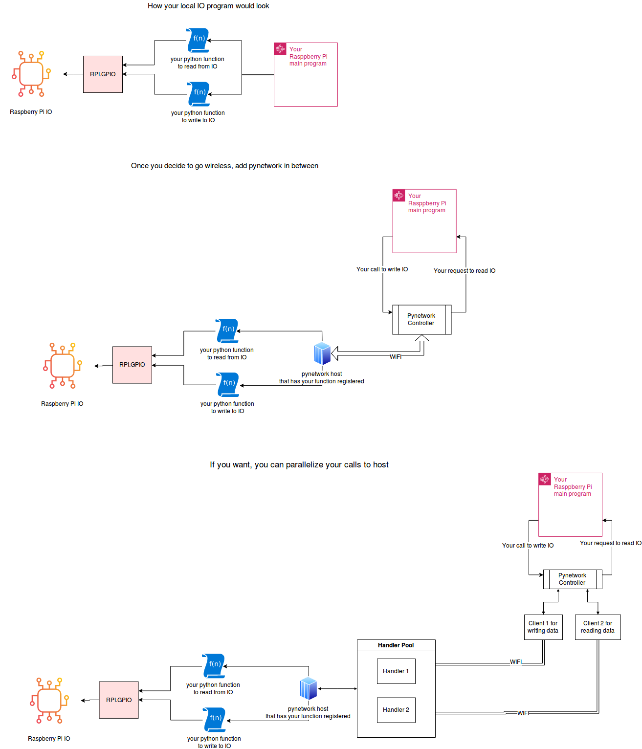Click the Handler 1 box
(x=396, y=671)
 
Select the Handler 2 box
(x=396, y=710)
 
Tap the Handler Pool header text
(x=396, y=645)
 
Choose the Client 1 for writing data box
(x=543, y=627)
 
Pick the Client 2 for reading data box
(x=598, y=627)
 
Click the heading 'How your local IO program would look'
(x=208, y=6)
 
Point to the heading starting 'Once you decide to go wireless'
(x=224, y=166)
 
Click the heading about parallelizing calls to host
(x=299, y=464)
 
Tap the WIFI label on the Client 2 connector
(x=523, y=713)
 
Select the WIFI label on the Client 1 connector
(x=516, y=662)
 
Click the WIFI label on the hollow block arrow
(x=396, y=357)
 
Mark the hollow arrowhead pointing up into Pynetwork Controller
(x=422, y=338)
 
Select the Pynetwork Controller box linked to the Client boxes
(x=572, y=579)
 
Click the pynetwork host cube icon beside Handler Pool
(x=309, y=688)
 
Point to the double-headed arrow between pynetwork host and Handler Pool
(x=337, y=688)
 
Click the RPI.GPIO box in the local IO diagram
(x=103, y=74)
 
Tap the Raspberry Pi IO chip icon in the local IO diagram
(x=31, y=74)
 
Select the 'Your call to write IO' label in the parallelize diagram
(x=528, y=546)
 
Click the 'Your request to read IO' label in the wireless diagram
(x=465, y=271)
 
